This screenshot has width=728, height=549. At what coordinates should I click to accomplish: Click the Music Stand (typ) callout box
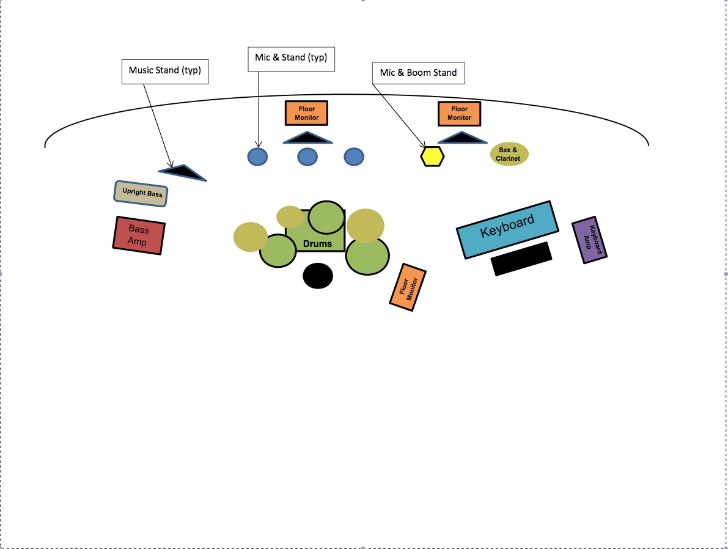pos(165,71)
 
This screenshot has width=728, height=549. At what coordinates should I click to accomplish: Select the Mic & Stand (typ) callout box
pos(291,59)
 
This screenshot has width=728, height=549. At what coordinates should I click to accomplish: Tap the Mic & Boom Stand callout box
pos(418,73)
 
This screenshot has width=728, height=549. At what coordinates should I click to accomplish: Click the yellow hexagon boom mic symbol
pos(432,157)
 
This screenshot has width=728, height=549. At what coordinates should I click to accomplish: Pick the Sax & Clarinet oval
pos(509,154)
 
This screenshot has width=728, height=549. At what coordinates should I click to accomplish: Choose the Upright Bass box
pos(141,194)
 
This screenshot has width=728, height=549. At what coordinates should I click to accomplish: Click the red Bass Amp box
pos(139,235)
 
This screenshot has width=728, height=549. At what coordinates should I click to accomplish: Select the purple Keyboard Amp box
pos(589,240)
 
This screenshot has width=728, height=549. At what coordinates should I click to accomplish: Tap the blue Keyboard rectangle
pos(507,229)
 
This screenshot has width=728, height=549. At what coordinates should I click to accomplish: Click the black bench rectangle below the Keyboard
pos(521,259)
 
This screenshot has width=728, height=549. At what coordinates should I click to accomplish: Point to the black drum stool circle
pos(318,276)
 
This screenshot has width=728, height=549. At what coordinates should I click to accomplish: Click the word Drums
pos(317,244)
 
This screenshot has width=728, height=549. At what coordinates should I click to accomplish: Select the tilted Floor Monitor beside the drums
pos(408,287)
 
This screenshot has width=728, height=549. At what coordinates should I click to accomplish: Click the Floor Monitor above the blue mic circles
pos(306,113)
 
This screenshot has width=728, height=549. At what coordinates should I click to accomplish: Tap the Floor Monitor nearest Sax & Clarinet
pos(459,114)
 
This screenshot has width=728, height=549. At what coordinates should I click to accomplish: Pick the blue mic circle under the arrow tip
pos(257,157)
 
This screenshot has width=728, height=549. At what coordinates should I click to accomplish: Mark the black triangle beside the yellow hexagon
pos(462,138)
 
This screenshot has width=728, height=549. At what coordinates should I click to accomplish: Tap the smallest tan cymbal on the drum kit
pos(290,216)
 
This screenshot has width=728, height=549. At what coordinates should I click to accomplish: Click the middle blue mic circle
pos(307,157)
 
